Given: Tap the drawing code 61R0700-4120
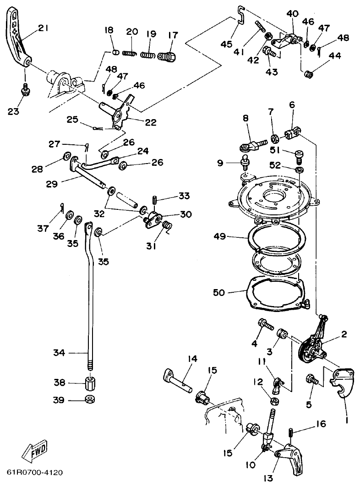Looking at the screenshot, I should (35, 472).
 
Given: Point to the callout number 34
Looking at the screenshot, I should (59, 353).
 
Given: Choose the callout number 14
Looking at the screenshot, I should (192, 359).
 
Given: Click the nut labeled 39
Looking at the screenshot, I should (90, 399).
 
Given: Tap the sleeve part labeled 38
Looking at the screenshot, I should (90, 383).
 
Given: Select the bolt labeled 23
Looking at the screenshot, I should (26, 90).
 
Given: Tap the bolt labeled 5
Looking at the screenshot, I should (312, 379).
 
